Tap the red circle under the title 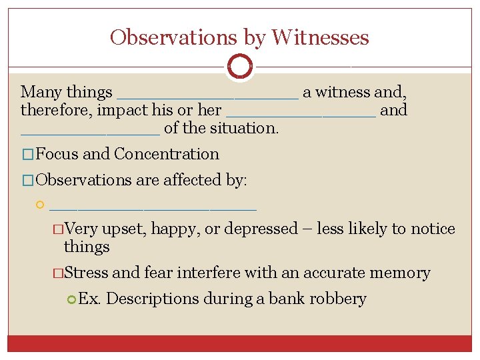[240, 67]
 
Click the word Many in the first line [41, 92]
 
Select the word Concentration [167, 154]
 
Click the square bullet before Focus [27, 155]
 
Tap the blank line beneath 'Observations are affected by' [153, 207]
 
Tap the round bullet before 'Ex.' [72, 299]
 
